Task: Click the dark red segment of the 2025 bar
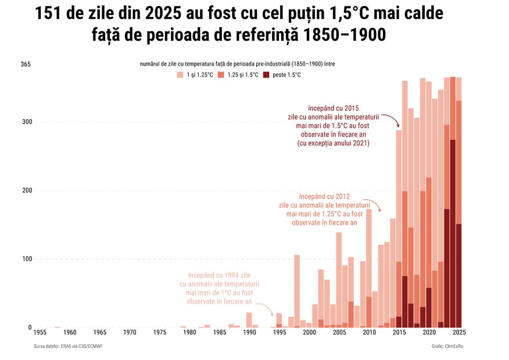click(459, 275)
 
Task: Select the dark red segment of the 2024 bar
click(453, 233)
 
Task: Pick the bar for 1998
click(297, 290)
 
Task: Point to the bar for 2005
click(339, 279)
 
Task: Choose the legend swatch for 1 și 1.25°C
click(181, 75)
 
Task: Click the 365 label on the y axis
click(26, 64)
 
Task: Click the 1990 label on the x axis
click(250, 332)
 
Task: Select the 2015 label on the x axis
click(399, 332)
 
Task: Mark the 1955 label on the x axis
click(40, 332)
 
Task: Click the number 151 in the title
click(53, 15)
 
